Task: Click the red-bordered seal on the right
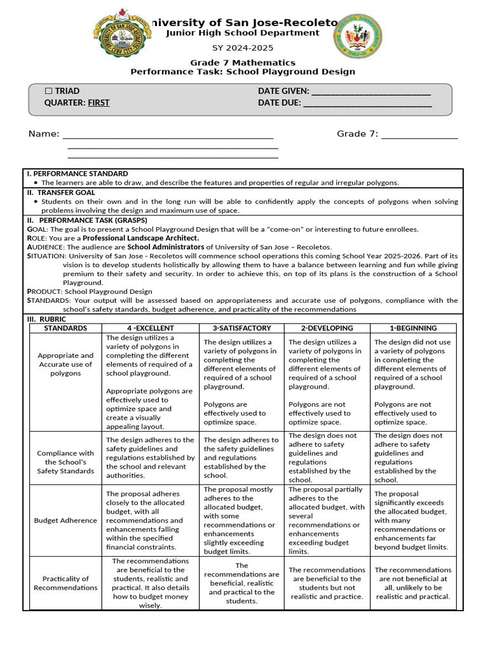[x=362, y=40]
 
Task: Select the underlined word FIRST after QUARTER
[x=98, y=103]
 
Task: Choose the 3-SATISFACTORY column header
[x=242, y=328]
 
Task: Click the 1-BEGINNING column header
[x=413, y=328]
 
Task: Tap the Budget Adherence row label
[x=65, y=521]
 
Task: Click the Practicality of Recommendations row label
[x=65, y=583]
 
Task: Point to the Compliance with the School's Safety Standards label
[x=65, y=462]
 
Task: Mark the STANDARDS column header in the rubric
[x=65, y=328]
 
